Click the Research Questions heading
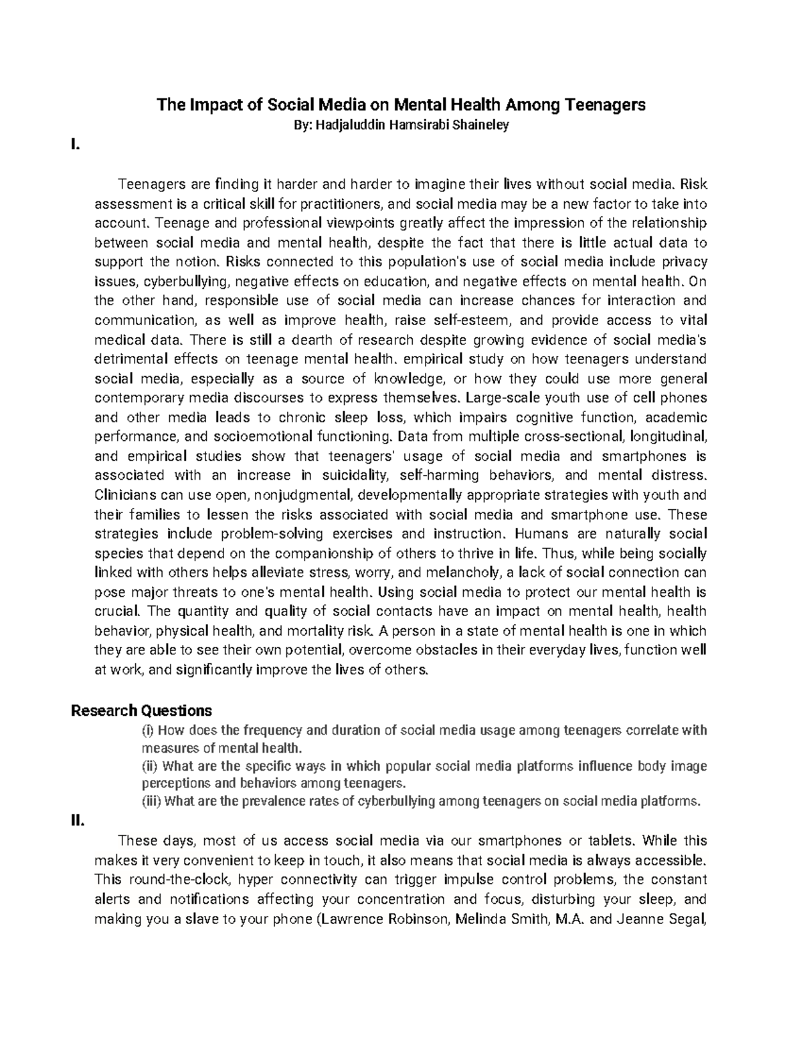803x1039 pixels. pyautogui.click(x=141, y=710)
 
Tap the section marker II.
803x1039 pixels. pyautogui.click(x=78, y=822)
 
